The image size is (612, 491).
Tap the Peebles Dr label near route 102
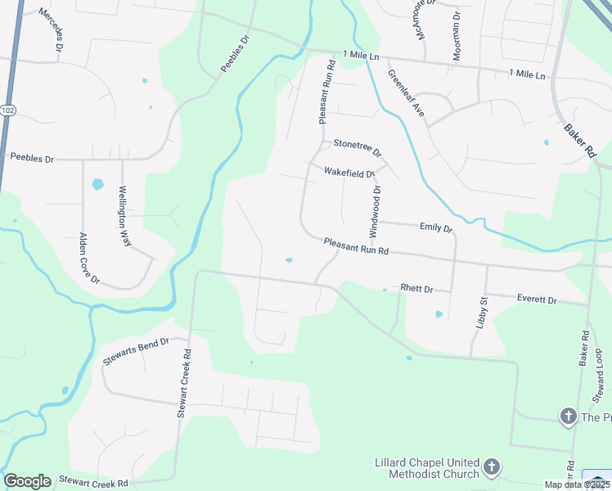[x=31, y=157]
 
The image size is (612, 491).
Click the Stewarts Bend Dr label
[x=135, y=350]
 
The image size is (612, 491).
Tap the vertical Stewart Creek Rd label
[x=185, y=384]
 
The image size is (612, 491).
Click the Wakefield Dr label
[x=349, y=173]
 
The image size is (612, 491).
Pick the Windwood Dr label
[x=376, y=211]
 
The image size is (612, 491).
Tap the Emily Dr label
[x=435, y=228]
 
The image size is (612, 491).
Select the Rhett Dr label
[x=416, y=289]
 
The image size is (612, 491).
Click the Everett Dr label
[x=537, y=300]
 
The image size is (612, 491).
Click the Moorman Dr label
[x=456, y=36]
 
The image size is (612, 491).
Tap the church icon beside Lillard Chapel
[x=491, y=467]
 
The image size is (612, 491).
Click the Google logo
[x=27, y=481]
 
